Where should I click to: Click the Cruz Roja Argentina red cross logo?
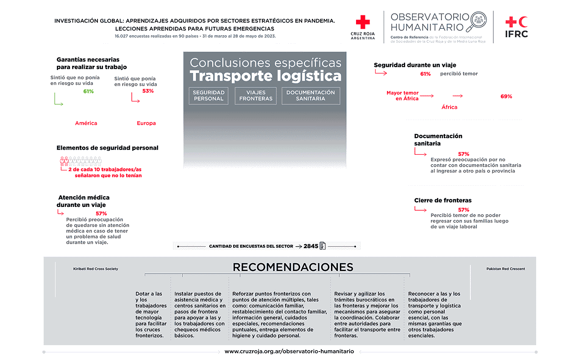[363, 22]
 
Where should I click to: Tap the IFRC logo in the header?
[517, 27]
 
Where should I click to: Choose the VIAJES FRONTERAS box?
[256, 95]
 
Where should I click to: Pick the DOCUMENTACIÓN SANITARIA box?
[310, 95]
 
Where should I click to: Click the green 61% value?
[88, 91]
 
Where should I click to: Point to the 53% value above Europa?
[148, 91]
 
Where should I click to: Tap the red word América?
[86, 123]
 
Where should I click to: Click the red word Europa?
[146, 123]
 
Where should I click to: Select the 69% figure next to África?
[506, 96]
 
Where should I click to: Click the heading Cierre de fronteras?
[443, 200]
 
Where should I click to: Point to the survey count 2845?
[311, 246]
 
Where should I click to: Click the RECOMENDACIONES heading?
[293, 267]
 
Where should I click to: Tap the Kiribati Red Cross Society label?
[96, 269]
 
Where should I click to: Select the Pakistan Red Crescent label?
[506, 269]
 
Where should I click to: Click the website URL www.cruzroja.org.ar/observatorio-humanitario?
[289, 352]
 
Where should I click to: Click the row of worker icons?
[81, 161]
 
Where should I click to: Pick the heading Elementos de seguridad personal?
[107, 148]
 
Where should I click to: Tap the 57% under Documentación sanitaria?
[464, 154]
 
